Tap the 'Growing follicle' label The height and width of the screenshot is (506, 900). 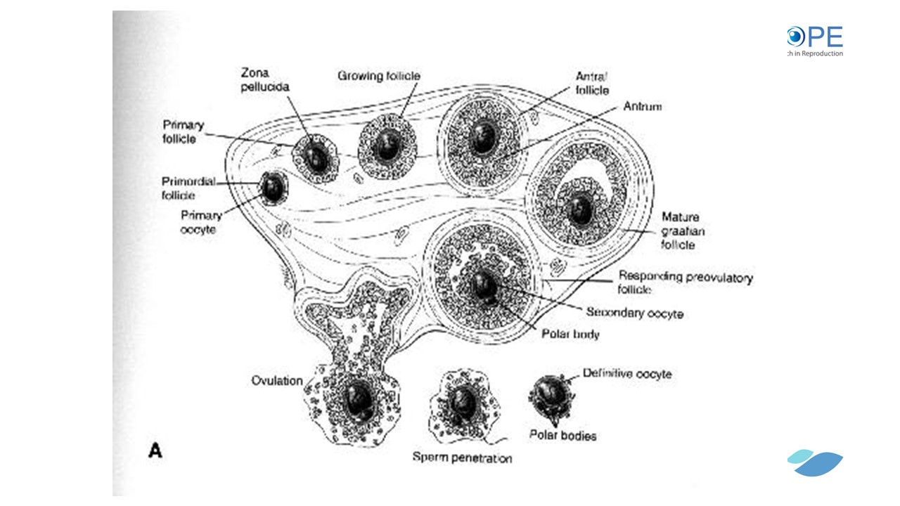378,76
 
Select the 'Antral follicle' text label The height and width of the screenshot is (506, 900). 592,83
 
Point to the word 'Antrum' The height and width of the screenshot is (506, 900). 642,107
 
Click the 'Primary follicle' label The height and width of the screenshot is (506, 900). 183,131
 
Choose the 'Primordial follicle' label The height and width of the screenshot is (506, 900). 188,188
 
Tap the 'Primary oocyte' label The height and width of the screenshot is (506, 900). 201,222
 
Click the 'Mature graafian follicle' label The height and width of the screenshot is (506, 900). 680,231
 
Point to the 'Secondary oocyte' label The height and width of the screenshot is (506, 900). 634,313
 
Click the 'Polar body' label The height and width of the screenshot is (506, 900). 570,335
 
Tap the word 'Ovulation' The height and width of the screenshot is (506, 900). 277,381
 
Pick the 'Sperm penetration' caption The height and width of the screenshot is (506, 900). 462,458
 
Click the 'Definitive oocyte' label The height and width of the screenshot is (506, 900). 627,374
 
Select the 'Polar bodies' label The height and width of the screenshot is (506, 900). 562,436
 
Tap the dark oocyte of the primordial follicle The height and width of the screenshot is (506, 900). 272,187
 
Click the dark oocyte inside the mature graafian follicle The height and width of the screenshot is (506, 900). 581,209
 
